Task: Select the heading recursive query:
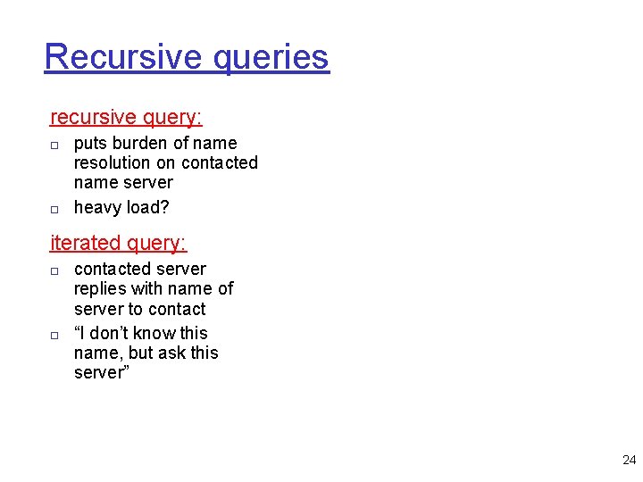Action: coord(126,117)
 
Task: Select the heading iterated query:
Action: coord(118,243)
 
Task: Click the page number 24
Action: coord(629,461)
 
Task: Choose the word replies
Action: coord(101,289)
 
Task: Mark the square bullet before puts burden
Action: coord(54,145)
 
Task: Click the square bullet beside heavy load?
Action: coord(54,209)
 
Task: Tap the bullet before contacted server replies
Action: coord(54,270)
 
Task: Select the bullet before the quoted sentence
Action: coord(54,335)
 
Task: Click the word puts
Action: coord(89,144)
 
